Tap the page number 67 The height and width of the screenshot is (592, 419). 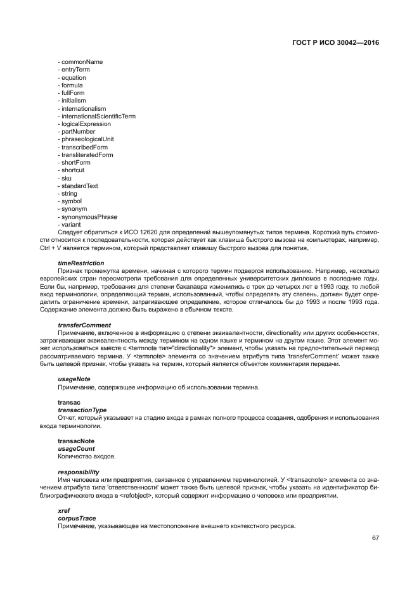click(x=375, y=538)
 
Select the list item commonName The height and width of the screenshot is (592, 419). click(x=80, y=62)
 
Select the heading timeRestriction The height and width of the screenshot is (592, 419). click(x=81, y=263)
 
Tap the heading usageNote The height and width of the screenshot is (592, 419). click(x=74, y=379)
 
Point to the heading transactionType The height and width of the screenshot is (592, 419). click(x=82, y=410)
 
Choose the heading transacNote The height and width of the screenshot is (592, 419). click(x=76, y=441)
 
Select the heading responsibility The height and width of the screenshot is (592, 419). click(x=79, y=472)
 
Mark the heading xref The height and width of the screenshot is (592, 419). click(x=63, y=510)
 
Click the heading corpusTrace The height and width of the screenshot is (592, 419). click(x=77, y=518)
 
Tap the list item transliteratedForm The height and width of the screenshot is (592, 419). click(x=86, y=155)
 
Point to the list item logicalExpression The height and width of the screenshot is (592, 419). click(x=85, y=124)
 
